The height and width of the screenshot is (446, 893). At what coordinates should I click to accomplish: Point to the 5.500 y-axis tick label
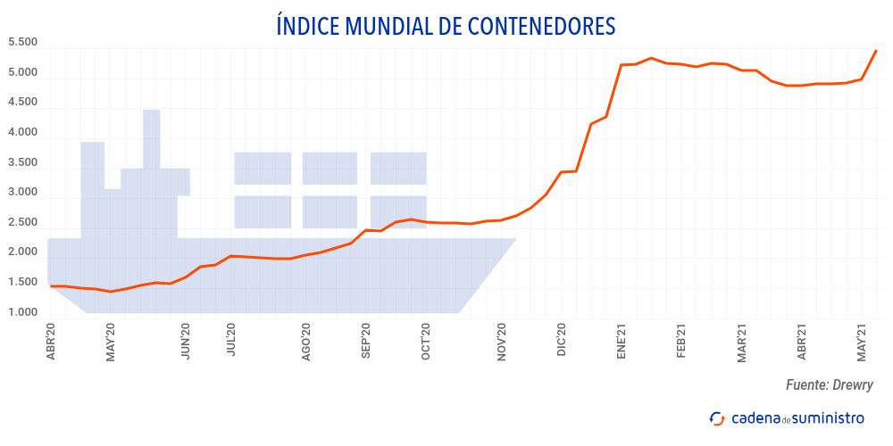click(x=22, y=42)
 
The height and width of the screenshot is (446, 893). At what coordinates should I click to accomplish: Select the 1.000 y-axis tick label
click(x=22, y=312)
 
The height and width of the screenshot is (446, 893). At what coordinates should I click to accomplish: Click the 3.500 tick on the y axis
click(x=22, y=162)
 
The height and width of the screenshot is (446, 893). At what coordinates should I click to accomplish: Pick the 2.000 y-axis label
click(x=22, y=252)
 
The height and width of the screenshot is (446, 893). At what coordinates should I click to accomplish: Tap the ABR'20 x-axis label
click(x=51, y=341)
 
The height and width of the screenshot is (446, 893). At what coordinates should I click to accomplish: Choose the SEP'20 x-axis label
click(x=365, y=341)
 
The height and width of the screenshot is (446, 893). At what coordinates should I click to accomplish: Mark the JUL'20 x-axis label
click(x=231, y=341)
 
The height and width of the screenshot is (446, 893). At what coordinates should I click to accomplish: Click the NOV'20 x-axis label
click(x=501, y=341)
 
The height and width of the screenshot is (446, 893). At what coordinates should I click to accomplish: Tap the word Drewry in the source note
click(x=853, y=385)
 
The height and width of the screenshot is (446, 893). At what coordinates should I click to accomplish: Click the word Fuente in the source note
click(x=806, y=385)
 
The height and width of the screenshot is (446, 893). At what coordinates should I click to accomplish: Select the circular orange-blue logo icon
click(x=716, y=418)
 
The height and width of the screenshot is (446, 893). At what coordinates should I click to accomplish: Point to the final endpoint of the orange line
click(x=876, y=51)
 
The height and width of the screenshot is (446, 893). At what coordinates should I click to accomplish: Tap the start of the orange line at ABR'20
click(x=51, y=286)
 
